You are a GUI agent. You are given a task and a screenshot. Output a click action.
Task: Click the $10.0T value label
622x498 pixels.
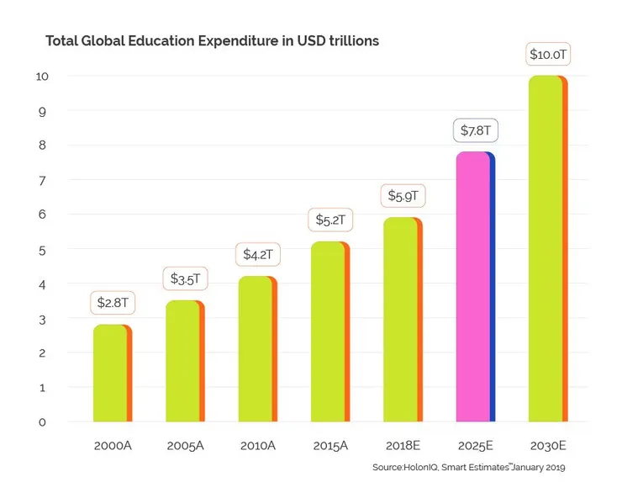pyautogui.click(x=547, y=55)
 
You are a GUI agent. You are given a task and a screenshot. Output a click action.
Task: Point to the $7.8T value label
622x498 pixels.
pyautogui.click(x=475, y=131)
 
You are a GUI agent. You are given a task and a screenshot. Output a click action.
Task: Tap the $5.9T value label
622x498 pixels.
pyautogui.click(x=403, y=197)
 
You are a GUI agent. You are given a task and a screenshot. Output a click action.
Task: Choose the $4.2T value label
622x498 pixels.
pyautogui.click(x=257, y=254)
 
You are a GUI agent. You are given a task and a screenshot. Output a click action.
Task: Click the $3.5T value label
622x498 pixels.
pyautogui.click(x=185, y=278)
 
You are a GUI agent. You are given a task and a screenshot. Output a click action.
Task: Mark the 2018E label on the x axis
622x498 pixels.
pyautogui.click(x=403, y=445)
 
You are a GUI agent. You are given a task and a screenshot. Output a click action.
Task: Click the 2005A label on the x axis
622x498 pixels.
pyautogui.click(x=185, y=445)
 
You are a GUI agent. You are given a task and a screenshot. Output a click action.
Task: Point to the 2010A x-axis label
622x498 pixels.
pyautogui.click(x=257, y=445)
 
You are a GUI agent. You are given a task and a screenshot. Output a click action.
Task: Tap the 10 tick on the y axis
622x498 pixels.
pyautogui.click(x=43, y=76)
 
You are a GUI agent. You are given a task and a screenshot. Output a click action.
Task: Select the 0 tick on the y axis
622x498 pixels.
pyautogui.click(x=43, y=422)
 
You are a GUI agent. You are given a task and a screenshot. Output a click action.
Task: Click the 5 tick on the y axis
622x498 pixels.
pyautogui.click(x=43, y=250)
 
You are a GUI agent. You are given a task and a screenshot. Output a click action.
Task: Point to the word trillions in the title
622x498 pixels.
pyautogui.click(x=349, y=41)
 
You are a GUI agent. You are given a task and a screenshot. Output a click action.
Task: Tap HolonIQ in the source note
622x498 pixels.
pyautogui.click(x=417, y=468)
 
